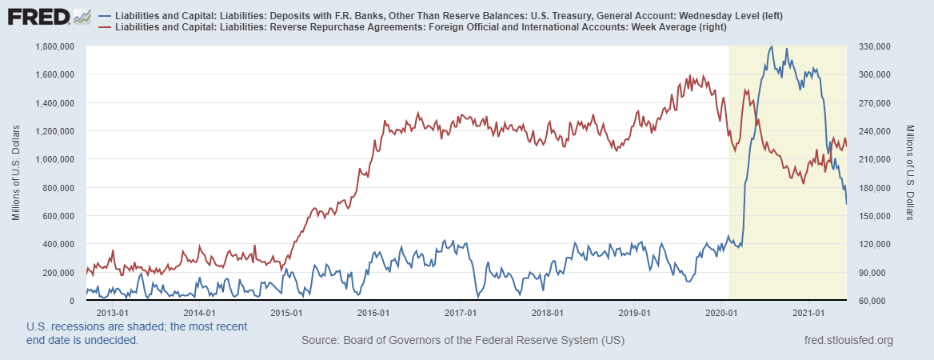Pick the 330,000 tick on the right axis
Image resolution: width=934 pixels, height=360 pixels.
[874, 46]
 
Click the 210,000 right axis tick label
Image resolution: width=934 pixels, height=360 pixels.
[874, 159]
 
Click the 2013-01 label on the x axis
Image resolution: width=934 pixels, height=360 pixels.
[112, 313]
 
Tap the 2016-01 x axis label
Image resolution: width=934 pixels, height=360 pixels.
[373, 313]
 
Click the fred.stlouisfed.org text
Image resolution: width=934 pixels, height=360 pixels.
[849, 341]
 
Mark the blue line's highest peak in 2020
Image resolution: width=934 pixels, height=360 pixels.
[771, 47]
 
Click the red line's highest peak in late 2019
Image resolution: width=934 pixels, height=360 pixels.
[690, 76]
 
